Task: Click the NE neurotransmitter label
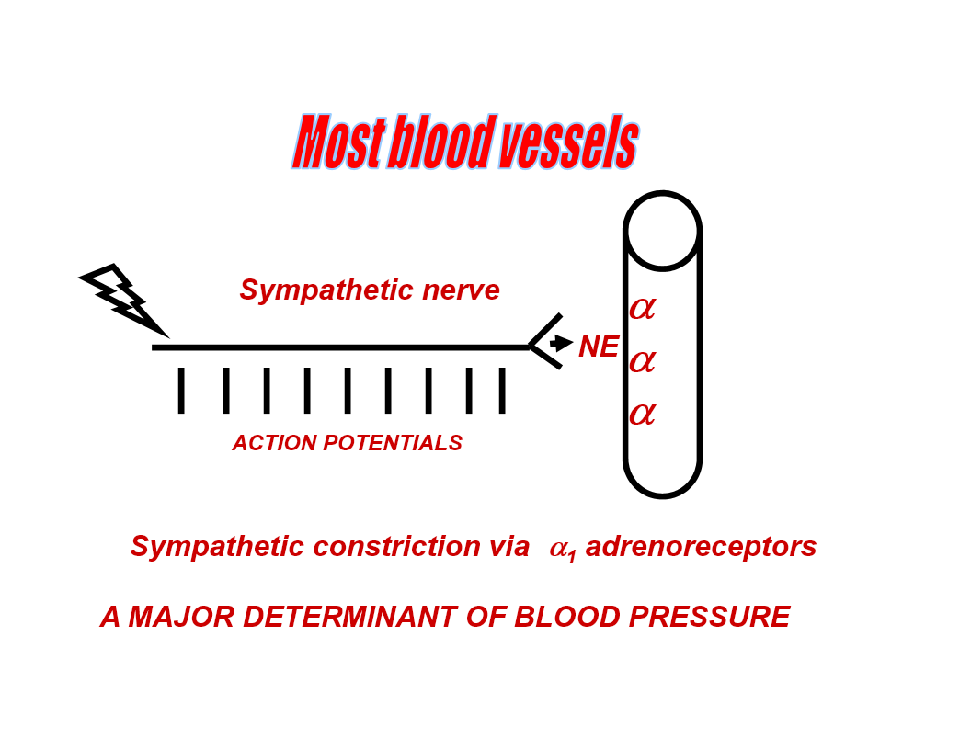coord(598,347)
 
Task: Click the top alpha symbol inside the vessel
coord(642,309)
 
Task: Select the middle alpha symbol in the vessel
coord(642,362)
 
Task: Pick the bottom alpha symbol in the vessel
coord(642,415)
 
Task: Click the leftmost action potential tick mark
coord(181,391)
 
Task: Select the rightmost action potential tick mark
coord(502,391)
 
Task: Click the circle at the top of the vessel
coord(662,231)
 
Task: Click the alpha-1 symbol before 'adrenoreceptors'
coord(562,550)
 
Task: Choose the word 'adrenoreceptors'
coord(701,547)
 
